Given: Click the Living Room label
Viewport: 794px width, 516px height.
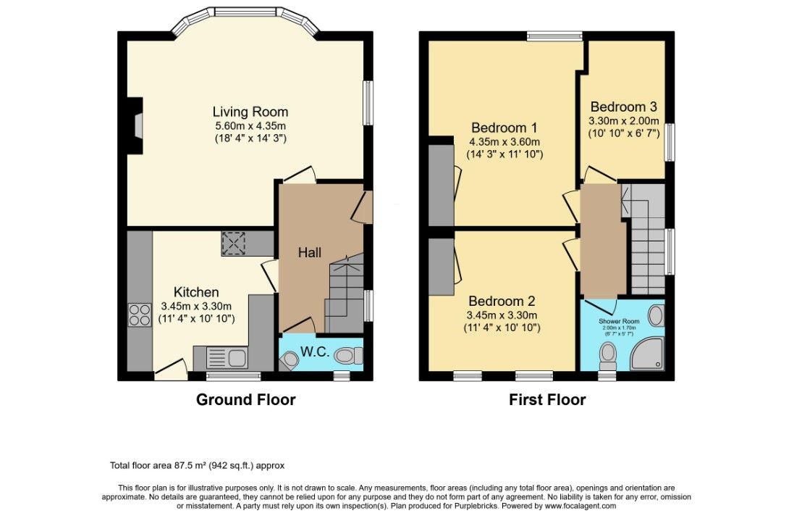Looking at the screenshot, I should click(250, 112).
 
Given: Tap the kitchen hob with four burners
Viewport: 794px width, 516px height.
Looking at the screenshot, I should click(140, 314).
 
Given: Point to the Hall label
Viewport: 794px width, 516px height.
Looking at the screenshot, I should click(310, 253).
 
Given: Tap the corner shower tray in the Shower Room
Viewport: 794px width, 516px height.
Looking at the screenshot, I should click(648, 355).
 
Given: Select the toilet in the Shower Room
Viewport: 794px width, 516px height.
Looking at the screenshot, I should click(608, 354).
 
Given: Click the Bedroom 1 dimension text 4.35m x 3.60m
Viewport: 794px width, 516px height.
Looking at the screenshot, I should click(504, 142).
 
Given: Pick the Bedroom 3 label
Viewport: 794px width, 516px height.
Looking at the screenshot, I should click(623, 106).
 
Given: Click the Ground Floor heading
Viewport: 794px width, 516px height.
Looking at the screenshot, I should click(245, 399).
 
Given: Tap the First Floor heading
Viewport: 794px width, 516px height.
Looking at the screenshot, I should click(546, 399).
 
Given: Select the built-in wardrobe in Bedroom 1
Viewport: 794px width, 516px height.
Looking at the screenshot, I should click(441, 186).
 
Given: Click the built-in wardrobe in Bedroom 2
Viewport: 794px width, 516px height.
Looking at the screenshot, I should click(441, 267).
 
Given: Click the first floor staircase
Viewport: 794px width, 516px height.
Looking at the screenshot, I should click(646, 246).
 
